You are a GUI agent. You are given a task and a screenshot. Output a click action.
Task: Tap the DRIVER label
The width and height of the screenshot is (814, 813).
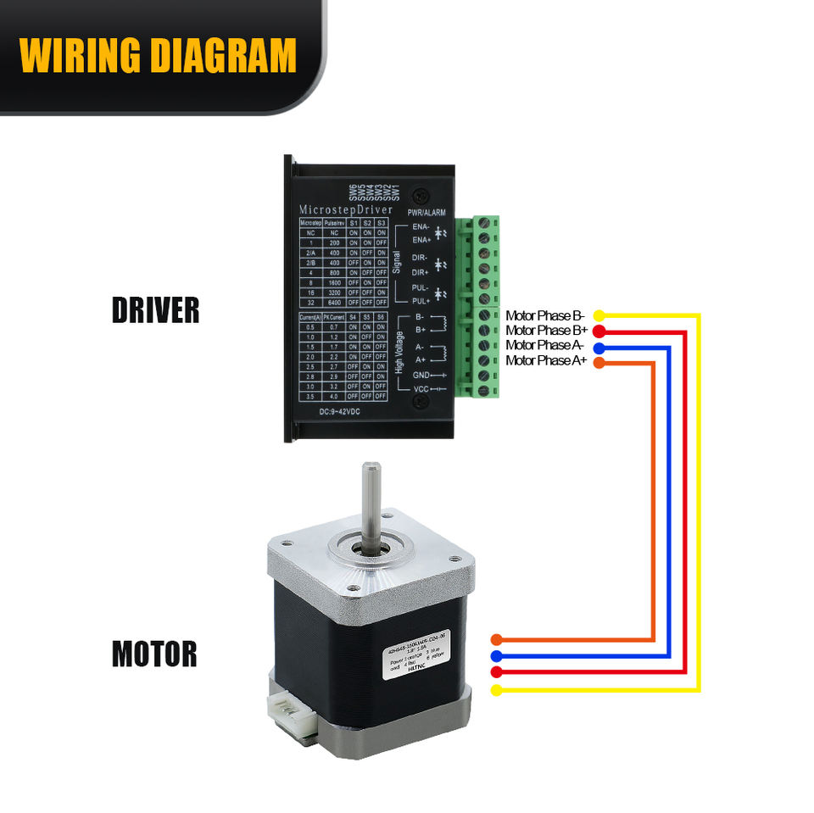click(x=155, y=310)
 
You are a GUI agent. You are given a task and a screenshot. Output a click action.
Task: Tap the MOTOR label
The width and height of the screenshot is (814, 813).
click(x=154, y=654)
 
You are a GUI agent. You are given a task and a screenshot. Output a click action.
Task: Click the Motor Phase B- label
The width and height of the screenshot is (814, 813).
click(x=545, y=315)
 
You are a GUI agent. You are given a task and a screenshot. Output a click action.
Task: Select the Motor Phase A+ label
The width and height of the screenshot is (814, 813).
click(x=546, y=361)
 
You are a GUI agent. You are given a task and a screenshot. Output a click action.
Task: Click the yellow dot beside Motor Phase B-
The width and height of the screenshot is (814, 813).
click(x=599, y=315)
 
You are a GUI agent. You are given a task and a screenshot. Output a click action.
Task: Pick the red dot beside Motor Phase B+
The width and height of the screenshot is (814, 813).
click(x=599, y=331)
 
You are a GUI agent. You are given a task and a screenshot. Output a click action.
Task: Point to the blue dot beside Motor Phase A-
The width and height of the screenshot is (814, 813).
click(x=599, y=347)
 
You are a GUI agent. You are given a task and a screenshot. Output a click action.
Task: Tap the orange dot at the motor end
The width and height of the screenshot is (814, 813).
click(x=496, y=639)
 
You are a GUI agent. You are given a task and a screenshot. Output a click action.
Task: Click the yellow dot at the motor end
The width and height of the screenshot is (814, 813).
click(x=496, y=690)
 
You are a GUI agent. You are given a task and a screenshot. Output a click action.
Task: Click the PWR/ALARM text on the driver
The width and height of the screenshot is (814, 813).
click(x=426, y=213)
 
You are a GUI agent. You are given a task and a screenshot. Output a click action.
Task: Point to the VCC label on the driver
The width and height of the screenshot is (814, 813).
click(x=421, y=388)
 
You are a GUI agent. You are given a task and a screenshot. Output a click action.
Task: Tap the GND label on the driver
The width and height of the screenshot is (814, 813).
click(x=421, y=374)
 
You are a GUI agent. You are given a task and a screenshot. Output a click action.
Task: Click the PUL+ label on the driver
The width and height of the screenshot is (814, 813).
click(x=421, y=300)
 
